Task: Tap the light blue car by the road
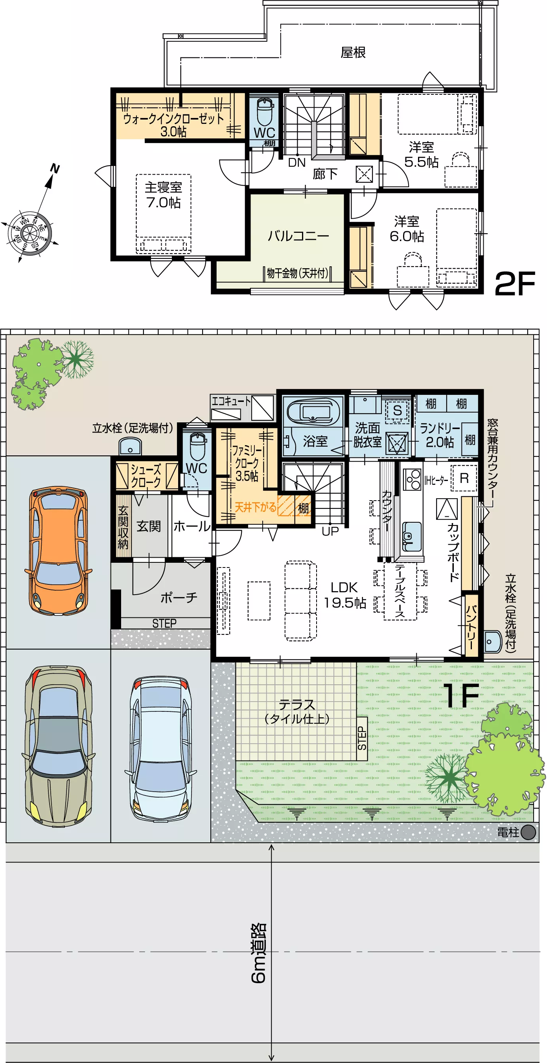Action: point(161,748)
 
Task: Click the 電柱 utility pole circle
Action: point(528,832)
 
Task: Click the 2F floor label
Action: point(514,284)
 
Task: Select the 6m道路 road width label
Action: point(259,953)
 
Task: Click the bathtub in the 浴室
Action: point(313,411)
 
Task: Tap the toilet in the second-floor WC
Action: point(265,112)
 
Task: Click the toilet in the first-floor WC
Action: point(197,446)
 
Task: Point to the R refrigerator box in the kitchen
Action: point(464,478)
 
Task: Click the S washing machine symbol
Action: point(397,411)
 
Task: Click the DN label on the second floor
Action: point(297,162)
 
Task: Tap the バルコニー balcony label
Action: point(298,236)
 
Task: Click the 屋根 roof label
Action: point(353,52)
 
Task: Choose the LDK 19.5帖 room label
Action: point(344,595)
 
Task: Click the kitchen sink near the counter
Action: point(412,536)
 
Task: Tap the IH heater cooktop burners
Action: point(412,479)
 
